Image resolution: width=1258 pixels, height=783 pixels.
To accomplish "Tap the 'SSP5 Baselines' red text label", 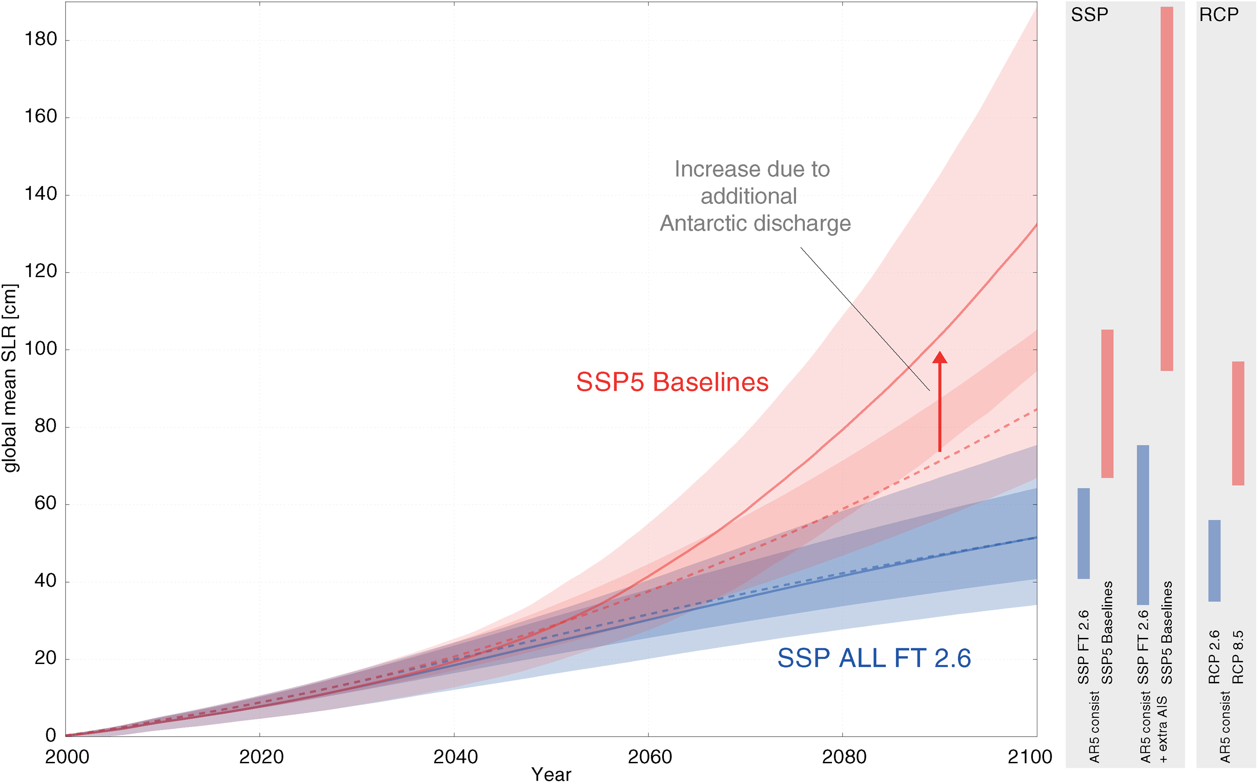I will tap(672, 383).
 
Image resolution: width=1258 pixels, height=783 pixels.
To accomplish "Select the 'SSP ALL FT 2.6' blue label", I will tap(874, 658).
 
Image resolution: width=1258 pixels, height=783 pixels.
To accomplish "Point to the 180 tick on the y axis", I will tap(40, 40).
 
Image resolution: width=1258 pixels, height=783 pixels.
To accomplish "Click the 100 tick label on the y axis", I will tap(40, 349).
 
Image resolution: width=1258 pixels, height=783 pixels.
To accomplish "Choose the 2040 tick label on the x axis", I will tap(455, 757).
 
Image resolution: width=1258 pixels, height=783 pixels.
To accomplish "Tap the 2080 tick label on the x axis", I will tap(844, 757).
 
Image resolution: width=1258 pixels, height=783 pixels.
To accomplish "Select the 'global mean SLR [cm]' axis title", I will tap(10, 378).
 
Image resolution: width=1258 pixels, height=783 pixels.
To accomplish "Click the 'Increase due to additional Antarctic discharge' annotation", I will tap(754, 196).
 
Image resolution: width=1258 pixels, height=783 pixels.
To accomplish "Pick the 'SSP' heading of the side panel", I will tap(1089, 15).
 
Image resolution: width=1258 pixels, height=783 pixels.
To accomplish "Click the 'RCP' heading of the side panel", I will tap(1218, 15).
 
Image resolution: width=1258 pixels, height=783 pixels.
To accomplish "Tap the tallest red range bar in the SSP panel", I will tap(1166, 189).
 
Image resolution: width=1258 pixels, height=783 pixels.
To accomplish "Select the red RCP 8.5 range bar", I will tap(1238, 423).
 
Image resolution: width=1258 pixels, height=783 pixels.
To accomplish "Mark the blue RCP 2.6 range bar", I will tap(1214, 560).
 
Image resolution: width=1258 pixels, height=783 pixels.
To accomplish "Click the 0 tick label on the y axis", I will tap(51, 735).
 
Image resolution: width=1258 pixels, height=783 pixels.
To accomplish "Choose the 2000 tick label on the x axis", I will tap(67, 757).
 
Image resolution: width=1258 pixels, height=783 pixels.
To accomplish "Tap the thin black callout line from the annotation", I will tap(865, 319).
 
